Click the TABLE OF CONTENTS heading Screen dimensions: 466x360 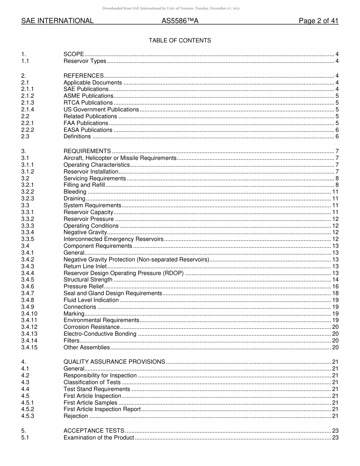180,41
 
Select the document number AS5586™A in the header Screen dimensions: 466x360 180,21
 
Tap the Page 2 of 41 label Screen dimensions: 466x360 318,21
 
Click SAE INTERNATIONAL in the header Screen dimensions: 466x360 57,21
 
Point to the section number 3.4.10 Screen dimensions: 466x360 29,314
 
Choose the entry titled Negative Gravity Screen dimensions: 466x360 85,232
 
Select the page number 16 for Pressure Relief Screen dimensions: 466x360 335,286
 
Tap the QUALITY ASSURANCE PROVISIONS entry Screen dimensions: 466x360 114,362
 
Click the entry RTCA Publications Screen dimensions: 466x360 88,103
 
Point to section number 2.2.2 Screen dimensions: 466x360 27,130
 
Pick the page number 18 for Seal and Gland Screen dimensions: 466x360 335,293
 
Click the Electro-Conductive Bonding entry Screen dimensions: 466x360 100,334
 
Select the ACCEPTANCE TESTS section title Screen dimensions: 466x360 94,431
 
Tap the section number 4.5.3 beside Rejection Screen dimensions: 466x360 27,416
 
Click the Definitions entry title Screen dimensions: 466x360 77,136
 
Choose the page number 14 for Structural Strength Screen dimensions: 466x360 335,280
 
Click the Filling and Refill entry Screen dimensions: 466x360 84,185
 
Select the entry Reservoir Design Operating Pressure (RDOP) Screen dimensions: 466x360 124,273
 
